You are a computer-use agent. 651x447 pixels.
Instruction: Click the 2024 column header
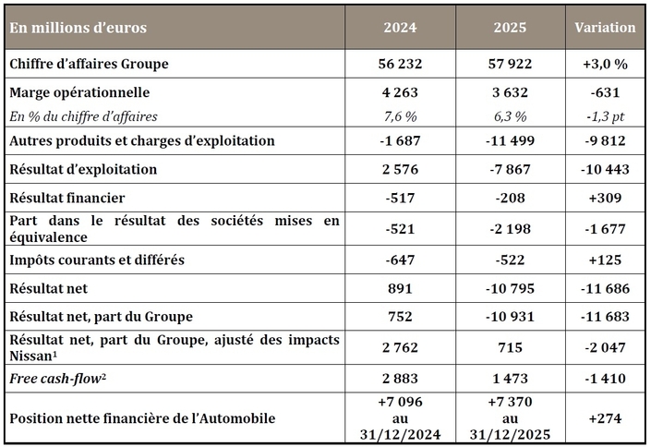(401, 28)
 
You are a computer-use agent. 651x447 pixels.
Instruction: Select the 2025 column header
(509, 28)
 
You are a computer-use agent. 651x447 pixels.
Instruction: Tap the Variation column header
(605, 28)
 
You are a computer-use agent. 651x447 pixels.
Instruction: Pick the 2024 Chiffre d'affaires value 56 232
(401, 64)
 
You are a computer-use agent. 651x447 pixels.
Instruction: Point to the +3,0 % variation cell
(605, 64)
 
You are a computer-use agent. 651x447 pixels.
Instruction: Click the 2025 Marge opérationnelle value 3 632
(509, 93)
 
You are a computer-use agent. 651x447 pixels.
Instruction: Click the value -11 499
(509, 141)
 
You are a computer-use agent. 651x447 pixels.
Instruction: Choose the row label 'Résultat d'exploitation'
(83, 170)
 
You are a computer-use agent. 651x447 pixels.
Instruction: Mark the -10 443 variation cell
(605, 170)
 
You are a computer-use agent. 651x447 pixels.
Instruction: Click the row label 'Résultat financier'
(67, 199)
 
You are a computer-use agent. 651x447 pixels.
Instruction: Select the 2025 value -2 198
(509, 228)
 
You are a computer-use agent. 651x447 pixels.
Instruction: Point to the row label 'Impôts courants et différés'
(97, 260)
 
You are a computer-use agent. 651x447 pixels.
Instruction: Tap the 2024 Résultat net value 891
(401, 289)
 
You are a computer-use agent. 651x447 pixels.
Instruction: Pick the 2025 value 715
(509, 347)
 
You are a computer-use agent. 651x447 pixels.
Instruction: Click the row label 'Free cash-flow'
(57, 379)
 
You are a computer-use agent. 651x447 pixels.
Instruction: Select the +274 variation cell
(605, 418)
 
